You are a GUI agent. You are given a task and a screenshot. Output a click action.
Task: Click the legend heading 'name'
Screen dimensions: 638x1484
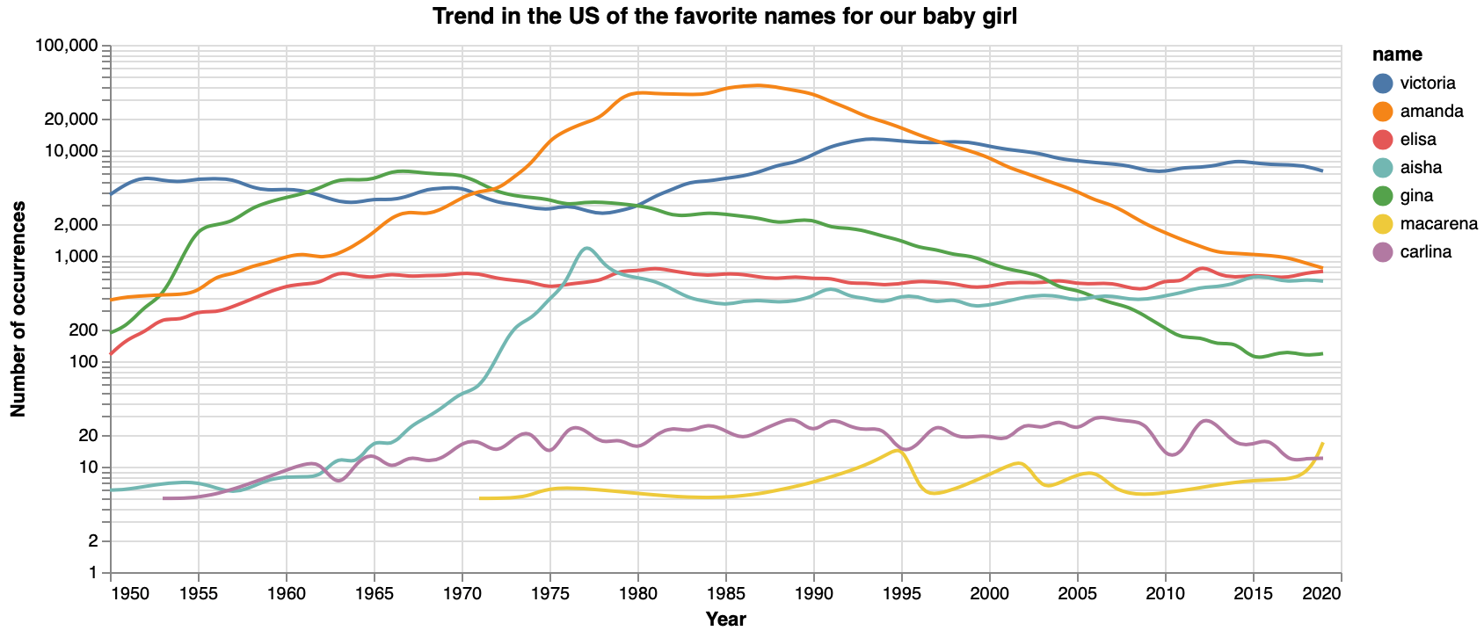tap(1397, 54)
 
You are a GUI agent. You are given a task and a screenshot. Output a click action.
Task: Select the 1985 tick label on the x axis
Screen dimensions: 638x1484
tap(725, 594)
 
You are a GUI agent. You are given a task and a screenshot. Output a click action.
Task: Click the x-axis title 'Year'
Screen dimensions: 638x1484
tap(725, 620)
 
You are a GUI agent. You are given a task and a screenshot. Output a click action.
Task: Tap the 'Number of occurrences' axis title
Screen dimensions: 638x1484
tap(18, 308)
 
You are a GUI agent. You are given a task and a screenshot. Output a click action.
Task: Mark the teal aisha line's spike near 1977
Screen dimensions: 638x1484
tap(586, 248)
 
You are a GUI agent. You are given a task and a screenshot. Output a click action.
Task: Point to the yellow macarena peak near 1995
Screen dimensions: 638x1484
tap(898, 450)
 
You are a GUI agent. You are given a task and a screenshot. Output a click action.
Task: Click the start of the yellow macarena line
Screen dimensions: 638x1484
tap(481, 498)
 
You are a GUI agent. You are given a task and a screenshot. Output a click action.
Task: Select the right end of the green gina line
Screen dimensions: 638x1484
tap(1322, 353)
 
